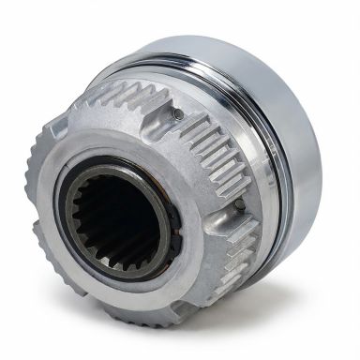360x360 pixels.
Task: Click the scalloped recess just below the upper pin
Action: [178, 136]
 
